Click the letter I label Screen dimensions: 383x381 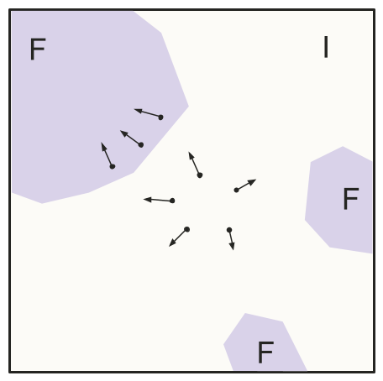[326, 47]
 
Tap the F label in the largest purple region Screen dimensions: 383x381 [38, 50]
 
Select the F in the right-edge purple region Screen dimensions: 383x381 [351, 199]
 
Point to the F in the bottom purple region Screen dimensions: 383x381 [265, 352]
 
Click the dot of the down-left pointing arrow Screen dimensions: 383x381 [187, 229]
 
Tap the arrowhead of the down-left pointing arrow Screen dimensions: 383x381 [172, 243]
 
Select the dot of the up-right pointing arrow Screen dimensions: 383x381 [236, 190]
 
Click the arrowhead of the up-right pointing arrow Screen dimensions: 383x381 [253, 181]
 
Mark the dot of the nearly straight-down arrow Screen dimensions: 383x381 [229, 230]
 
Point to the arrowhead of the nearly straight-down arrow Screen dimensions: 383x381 [232, 246]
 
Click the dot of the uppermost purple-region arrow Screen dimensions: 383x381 [160, 117]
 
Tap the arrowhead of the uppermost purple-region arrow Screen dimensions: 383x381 [139, 111]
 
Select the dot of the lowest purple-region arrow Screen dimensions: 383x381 [113, 167]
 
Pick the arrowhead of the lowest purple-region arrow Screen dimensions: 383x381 [103, 146]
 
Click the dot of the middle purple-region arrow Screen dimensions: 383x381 [141, 145]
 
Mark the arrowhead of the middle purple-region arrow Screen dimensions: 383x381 [123, 133]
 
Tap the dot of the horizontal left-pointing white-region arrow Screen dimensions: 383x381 [172, 201]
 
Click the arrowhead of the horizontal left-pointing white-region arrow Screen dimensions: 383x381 [147, 200]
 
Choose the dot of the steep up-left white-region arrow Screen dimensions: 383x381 [200, 175]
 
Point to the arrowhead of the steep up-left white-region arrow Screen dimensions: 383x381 [191, 156]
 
